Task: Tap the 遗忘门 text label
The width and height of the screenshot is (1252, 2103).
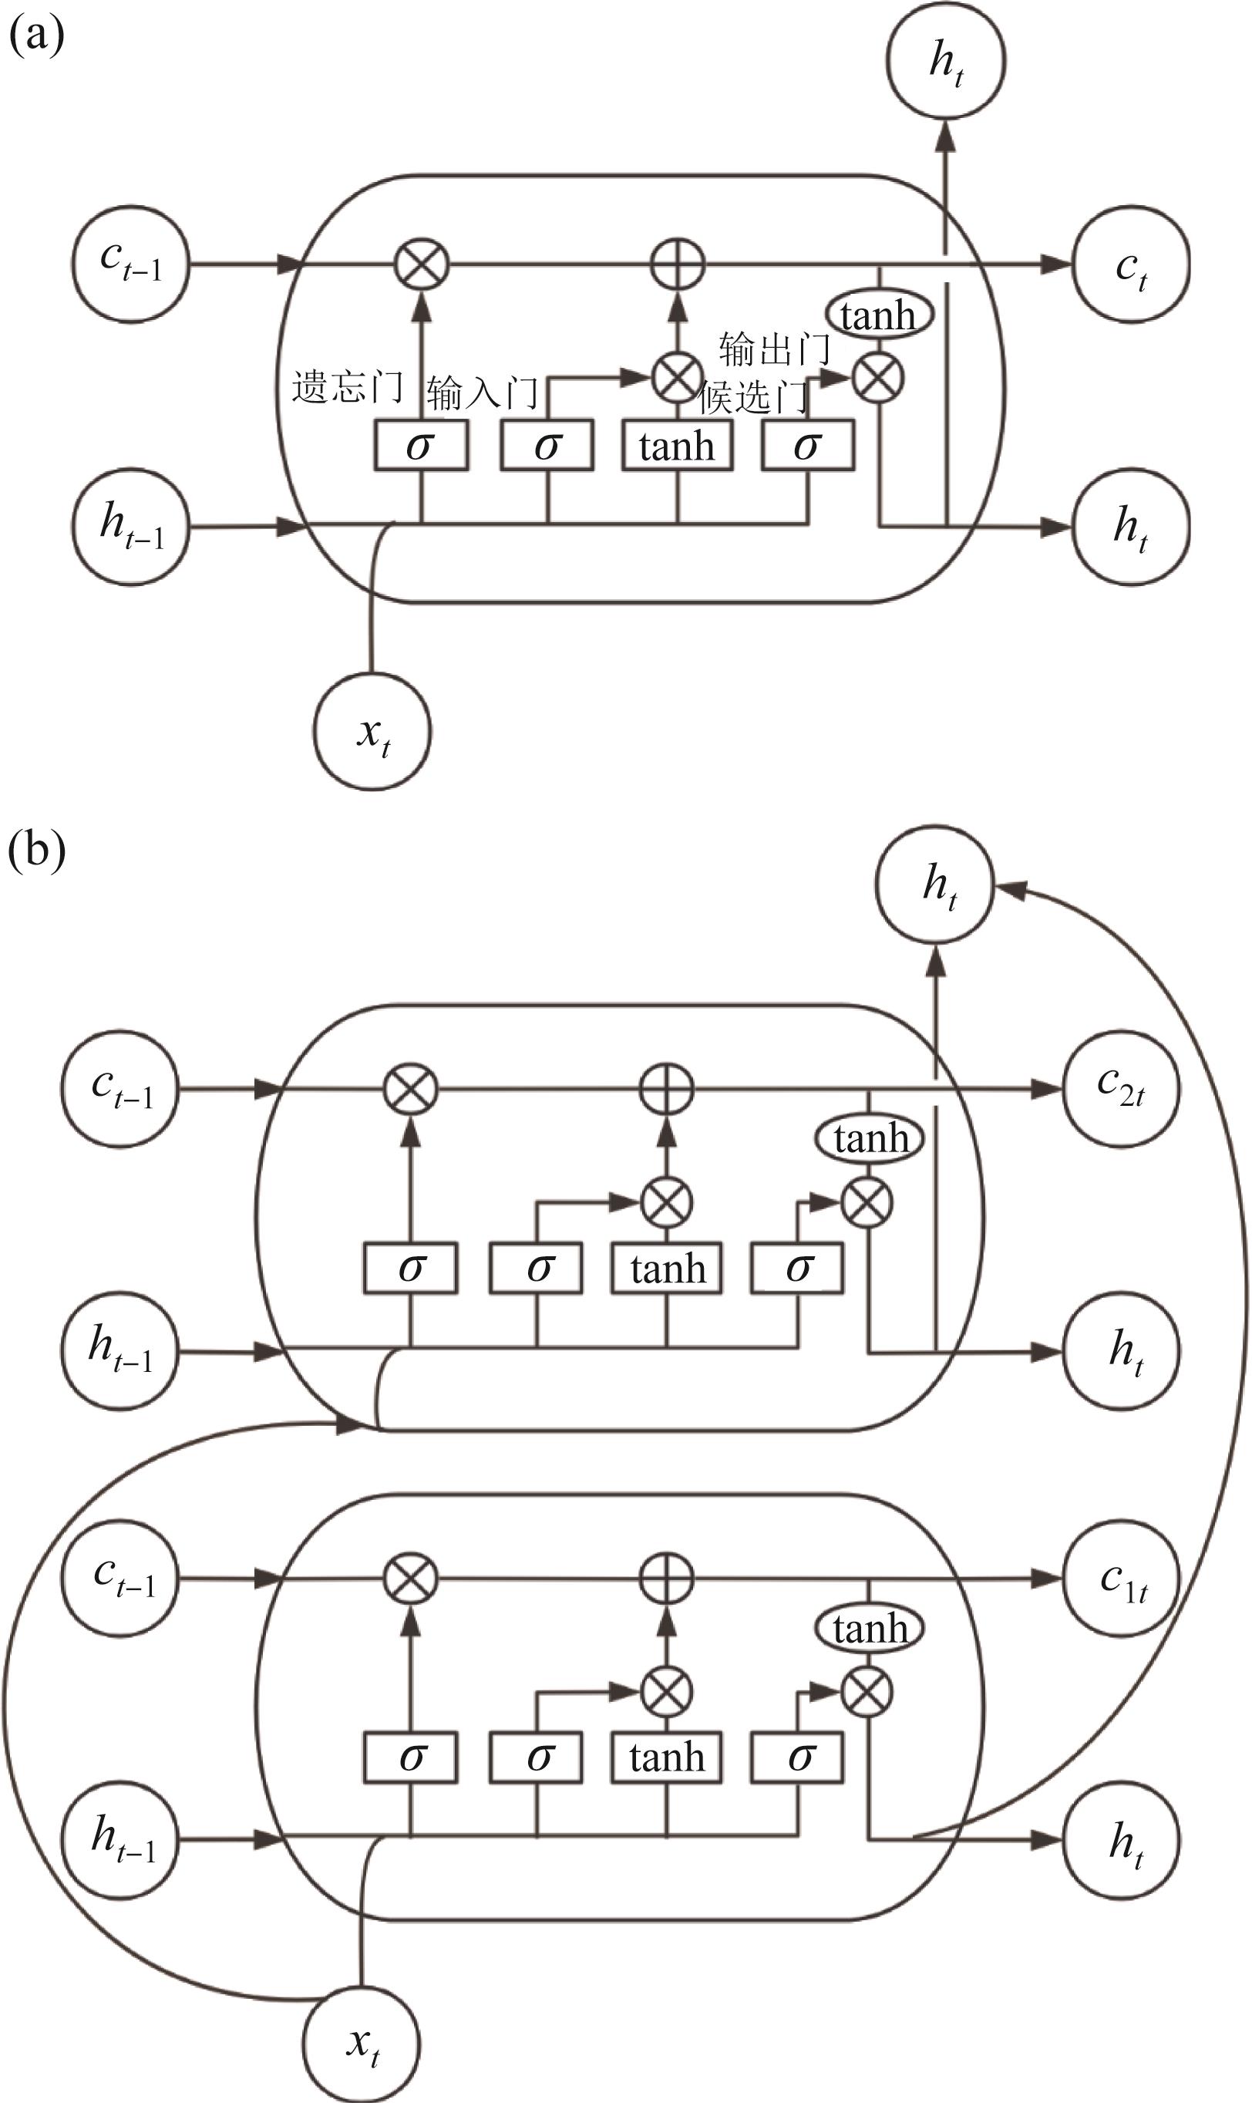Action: click(x=347, y=387)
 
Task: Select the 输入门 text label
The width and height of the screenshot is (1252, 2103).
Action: click(x=482, y=393)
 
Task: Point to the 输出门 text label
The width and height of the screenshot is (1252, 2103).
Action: click(x=774, y=349)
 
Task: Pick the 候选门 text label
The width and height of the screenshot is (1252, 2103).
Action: click(x=753, y=397)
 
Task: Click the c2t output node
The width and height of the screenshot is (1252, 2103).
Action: click(x=1120, y=1089)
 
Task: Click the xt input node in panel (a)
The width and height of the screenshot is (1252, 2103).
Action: click(x=372, y=732)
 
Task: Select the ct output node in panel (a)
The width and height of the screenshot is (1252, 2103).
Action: click(x=1130, y=265)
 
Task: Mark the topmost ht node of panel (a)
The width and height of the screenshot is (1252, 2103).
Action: click(x=945, y=61)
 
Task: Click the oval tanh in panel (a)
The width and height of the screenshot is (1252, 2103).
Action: click(x=878, y=315)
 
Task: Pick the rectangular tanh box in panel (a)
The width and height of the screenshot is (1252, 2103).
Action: click(x=677, y=446)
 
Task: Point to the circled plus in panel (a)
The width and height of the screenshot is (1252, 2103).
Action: click(x=678, y=265)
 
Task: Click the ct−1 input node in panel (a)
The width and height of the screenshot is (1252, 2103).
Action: click(x=131, y=265)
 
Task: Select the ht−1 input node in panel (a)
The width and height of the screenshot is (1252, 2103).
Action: click(x=131, y=527)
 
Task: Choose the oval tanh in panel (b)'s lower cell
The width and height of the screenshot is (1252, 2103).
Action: click(x=869, y=1628)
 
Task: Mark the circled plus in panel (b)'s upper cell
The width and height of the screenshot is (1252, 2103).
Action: click(x=667, y=1089)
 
